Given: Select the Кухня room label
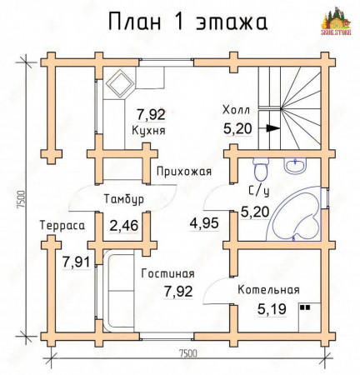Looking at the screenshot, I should [x=148, y=131].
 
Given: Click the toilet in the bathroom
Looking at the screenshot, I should [x=260, y=172].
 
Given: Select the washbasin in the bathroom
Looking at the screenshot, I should [x=296, y=166].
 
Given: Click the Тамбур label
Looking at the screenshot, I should [x=124, y=200].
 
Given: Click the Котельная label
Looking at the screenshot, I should [x=267, y=290].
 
